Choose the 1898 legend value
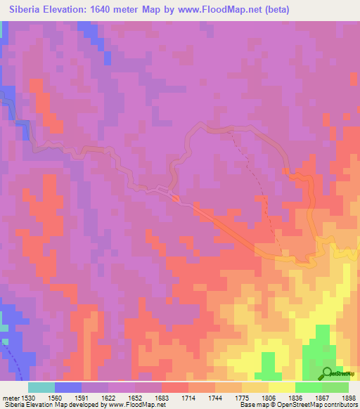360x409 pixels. tap(349, 397)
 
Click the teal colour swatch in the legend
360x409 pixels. tap(41, 387)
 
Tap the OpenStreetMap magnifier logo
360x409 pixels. tap(328, 374)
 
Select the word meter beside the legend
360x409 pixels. tap(11, 397)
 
